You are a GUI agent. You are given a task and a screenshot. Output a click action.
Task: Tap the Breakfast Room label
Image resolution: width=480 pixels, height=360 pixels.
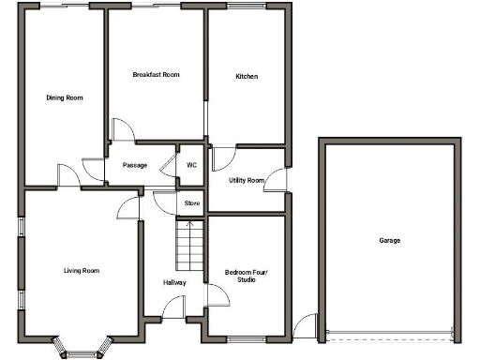click(156, 74)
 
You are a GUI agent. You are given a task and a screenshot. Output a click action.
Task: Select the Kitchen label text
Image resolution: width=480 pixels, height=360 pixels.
click(247, 76)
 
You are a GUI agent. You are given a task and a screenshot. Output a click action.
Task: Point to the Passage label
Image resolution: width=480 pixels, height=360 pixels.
click(135, 165)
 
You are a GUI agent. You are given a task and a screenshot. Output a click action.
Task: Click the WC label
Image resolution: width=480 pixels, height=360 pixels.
click(191, 165)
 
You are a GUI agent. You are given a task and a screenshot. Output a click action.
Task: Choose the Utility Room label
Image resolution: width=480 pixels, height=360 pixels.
click(247, 180)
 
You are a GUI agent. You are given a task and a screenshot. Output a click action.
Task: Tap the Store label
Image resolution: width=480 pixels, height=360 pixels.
click(191, 202)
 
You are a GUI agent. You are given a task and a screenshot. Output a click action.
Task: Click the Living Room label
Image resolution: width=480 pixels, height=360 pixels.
click(82, 271)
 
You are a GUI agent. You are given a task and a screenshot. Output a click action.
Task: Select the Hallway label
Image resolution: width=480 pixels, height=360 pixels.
click(173, 282)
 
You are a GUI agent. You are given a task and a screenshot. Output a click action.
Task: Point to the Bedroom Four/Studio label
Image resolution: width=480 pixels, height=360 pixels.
click(247, 276)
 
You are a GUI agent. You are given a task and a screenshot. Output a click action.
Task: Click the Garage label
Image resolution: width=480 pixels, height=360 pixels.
click(389, 241)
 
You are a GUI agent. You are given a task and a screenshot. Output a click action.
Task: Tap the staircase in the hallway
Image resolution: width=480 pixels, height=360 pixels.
click(189, 246)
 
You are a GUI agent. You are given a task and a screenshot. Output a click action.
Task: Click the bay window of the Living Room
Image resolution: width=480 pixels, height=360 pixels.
click(84, 349)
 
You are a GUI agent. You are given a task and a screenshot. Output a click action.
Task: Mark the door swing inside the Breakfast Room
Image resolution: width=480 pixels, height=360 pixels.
click(123, 130)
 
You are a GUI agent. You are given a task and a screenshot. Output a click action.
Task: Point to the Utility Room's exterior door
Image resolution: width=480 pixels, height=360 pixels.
click(277, 181)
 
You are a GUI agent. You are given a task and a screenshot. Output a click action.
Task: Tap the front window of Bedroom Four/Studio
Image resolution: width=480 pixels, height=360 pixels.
click(247, 337)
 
